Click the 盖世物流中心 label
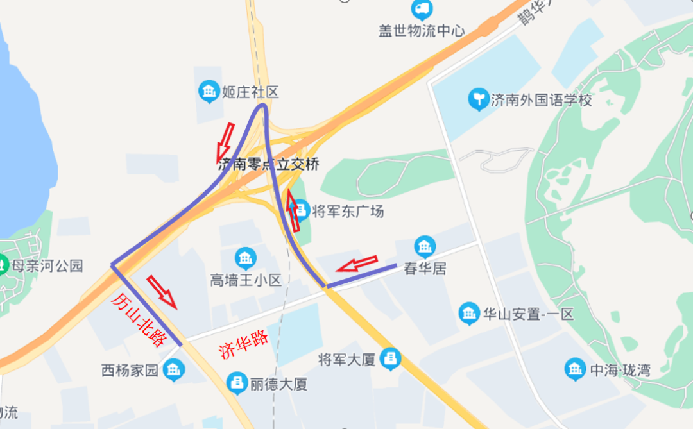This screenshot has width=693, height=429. (x=421, y=31)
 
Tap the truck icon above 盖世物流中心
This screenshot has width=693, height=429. (x=422, y=9)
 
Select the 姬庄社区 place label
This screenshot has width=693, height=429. (x=250, y=92)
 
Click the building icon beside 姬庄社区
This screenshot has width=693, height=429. (x=209, y=92)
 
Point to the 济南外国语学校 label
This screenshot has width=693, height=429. (x=541, y=100)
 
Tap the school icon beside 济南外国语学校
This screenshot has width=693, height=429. (x=478, y=100)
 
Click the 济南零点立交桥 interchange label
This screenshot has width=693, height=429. (x=268, y=164)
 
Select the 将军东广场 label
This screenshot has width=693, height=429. (x=347, y=210)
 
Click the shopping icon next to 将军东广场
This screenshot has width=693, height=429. (x=301, y=210)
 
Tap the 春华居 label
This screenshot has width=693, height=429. (x=425, y=268)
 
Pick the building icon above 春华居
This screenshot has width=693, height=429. (x=425, y=247)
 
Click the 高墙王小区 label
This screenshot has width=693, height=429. (x=246, y=280)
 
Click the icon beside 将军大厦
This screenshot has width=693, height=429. (x=389, y=359)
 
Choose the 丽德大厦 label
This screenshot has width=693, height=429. (x=278, y=384)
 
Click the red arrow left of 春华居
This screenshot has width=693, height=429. (x=357, y=264)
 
